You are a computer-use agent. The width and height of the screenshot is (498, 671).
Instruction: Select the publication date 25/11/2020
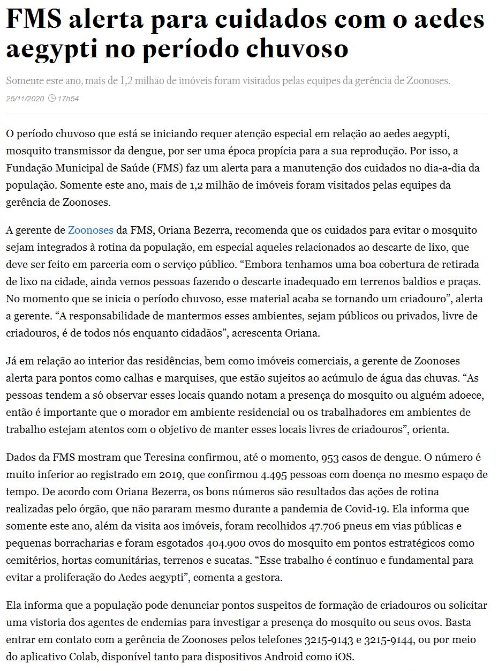tap(24, 99)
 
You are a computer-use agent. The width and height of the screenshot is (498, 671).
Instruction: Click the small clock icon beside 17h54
tap(52, 99)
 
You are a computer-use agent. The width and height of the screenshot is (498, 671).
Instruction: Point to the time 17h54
tap(68, 99)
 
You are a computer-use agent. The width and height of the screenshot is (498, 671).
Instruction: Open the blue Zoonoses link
tap(90, 230)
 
